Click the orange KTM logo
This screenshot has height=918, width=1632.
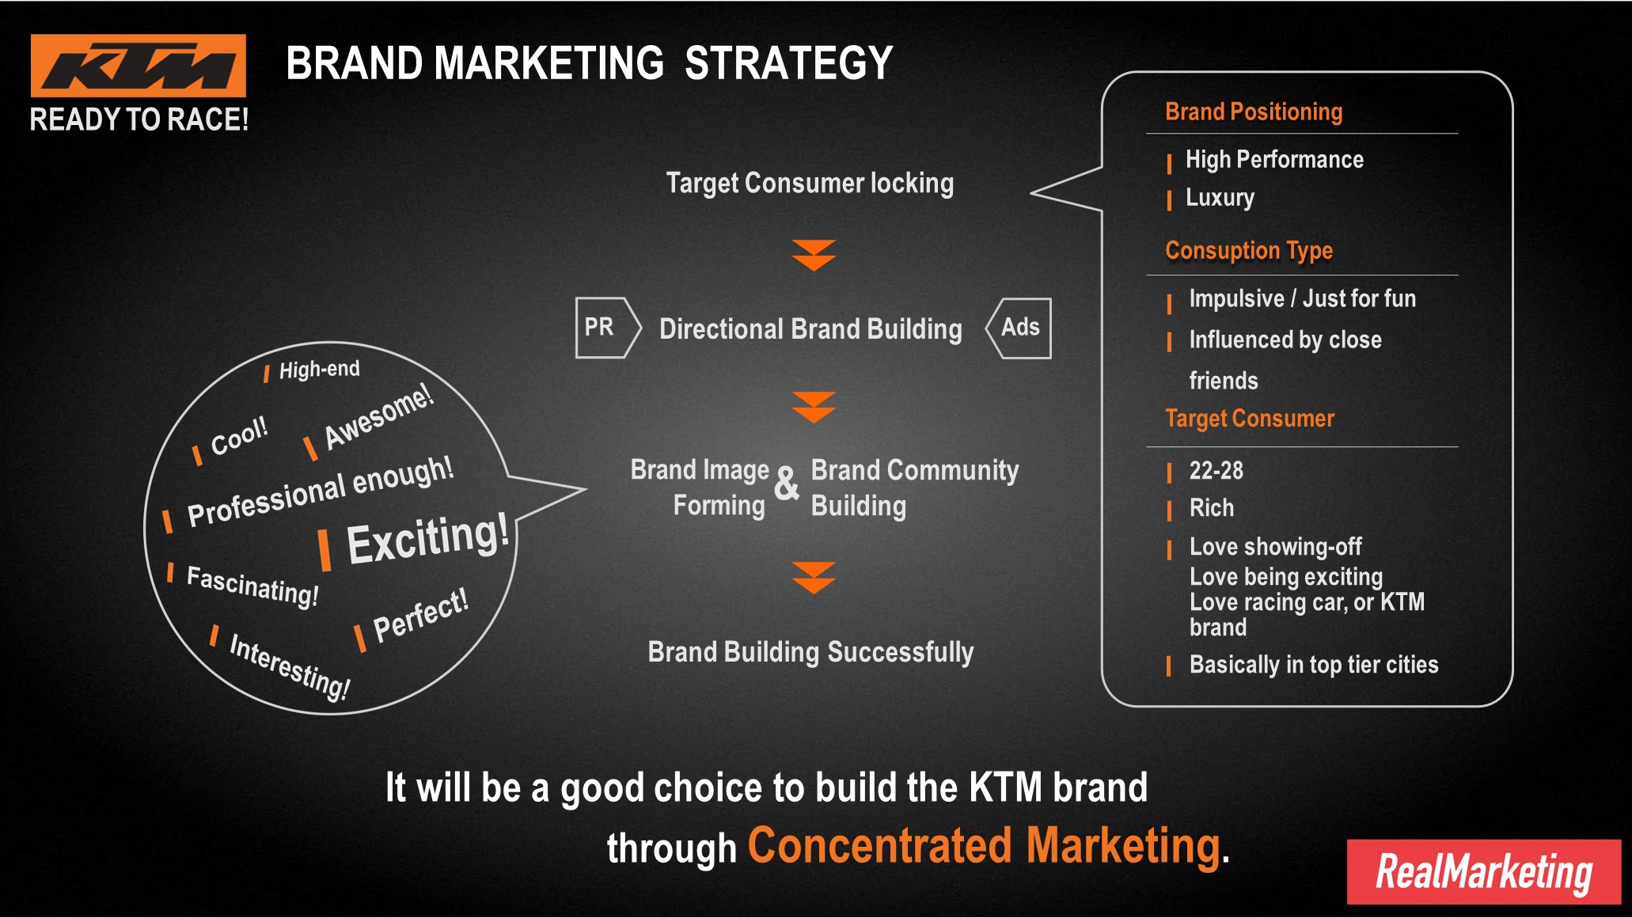pyautogui.click(x=139, y=66)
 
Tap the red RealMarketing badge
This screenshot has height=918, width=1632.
pyautogui.click(x=1484, y=871)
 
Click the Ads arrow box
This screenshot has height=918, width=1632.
pyautogui.click(x=1019, y=328)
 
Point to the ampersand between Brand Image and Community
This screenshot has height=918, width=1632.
pyautogui.click(x=787, y=484)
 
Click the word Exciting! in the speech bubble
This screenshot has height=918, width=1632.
pyautogui.click(x=427, y=538)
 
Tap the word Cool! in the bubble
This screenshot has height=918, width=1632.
pyautogui.click(x=239, y=435)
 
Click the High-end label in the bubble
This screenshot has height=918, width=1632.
pyautogui.click(x=319, y=370)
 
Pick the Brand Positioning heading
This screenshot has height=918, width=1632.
pyautogui.click(x=1254, y=112)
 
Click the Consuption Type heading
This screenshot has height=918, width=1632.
pyautogui.click(x=1249, y=251)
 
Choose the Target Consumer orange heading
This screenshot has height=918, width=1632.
pyautogui.click(x=1250, y=418)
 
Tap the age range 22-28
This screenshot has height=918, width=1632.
pyautogui.click(x=1216, y=471)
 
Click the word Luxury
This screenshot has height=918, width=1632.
pyautogui.click(x=1220, y=198)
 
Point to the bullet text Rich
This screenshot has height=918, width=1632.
pyautogui.click(x=1212, y=508)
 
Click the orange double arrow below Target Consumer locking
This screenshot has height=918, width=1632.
pyautogui.click(x=814, y=256)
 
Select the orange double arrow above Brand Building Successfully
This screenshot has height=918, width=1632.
pyautogui.click(x=814, y=578)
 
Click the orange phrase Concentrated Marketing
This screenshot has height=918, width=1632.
pyautogui.click(x=984, y=846)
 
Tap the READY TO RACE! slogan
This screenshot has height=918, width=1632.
pyautogui.click(x=139, y=119)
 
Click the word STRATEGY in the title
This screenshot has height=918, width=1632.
pyautogui.click(x=788, y=63)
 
